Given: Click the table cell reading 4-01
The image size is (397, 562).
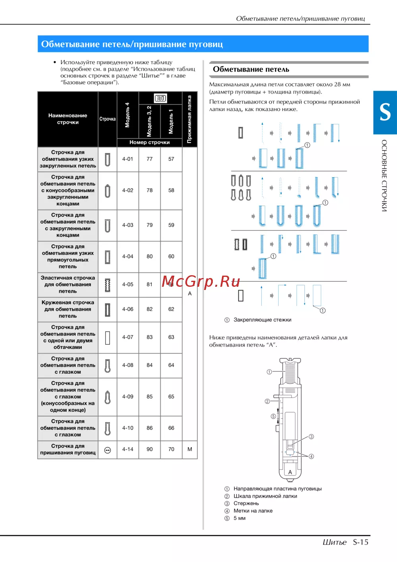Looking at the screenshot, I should (127, 159).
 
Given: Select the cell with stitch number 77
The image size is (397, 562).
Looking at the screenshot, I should (149, 159).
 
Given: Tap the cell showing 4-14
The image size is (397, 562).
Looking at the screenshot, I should (127, 449).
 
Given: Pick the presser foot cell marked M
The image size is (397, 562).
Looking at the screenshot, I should (190, 449).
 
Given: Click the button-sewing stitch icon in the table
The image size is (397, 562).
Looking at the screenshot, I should (107, 450).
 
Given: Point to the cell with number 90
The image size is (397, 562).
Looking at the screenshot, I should (149, 449).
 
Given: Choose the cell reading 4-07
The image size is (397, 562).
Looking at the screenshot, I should (127, 337).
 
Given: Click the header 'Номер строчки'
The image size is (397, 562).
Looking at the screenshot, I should (149, 142).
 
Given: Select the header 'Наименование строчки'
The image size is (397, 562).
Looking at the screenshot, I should (68, 119).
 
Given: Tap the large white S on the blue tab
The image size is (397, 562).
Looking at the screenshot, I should (385, 112).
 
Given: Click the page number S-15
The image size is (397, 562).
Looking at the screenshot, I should (360, 542).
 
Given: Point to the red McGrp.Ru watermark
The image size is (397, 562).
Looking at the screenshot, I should (201, 282).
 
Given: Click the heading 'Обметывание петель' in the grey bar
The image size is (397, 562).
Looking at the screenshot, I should (251, 69).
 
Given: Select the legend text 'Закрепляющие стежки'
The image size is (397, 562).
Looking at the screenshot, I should (262, 320).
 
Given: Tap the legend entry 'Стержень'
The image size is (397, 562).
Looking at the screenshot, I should (246, 503).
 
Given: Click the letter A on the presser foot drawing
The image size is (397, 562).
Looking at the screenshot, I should (290, 472).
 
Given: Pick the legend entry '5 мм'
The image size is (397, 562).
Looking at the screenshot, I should (239, 518).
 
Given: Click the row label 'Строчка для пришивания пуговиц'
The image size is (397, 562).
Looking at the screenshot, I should (68, 449).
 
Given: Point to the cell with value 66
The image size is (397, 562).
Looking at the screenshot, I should (171, 428).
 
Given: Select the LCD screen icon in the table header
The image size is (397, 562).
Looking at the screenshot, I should (160, 98).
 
